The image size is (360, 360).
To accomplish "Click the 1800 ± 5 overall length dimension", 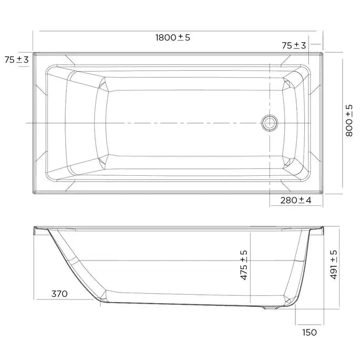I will click(172, 37).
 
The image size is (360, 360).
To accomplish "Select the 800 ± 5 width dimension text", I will click(349, 121).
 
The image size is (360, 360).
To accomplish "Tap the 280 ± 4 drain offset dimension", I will click(296, 200).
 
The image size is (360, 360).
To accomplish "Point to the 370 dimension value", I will click(59, 294).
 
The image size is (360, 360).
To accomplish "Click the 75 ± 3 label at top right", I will click(294, 46).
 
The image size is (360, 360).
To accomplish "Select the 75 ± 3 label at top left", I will click(16, 59).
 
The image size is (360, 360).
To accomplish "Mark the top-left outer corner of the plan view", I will click(33, 52).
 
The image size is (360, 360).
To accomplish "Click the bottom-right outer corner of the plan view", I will click(322, 193).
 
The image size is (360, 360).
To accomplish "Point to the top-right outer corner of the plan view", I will click(322, 52).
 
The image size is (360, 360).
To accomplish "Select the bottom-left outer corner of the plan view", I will click(33, 193).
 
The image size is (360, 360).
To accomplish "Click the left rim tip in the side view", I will click(35, 229).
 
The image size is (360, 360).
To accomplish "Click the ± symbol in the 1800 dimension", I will click(180, 37).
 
